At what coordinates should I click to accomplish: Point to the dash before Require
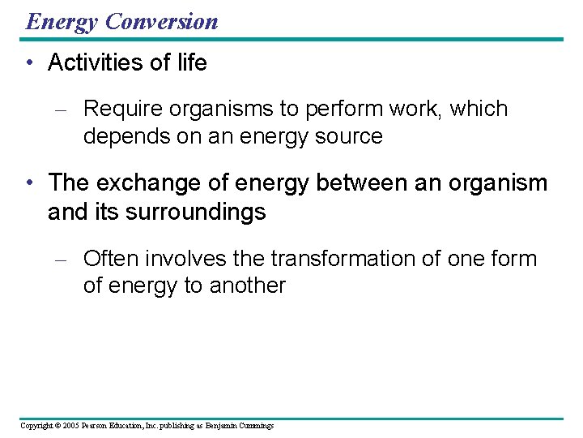66,109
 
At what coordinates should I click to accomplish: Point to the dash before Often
66,260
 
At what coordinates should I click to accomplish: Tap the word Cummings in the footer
254,425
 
